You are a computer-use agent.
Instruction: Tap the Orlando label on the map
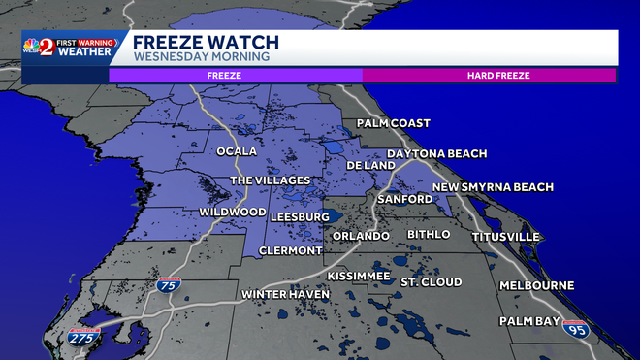pos(361,236)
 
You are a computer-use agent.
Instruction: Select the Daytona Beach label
pos(436,154)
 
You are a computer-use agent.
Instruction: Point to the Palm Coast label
pos(393,123)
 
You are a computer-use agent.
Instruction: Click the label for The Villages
pos(270,180)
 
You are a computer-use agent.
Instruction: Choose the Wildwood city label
pos(233,212)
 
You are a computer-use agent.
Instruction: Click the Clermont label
pos(290,250)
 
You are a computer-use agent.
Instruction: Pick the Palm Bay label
pos(531,320)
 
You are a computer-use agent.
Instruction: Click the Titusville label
pos(504,237)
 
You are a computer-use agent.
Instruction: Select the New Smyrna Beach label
pos(493,187)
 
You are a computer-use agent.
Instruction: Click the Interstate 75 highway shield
pos(168,285)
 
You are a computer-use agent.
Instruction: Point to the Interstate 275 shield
pos(83,337)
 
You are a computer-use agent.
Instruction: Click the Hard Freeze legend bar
pos(489,75)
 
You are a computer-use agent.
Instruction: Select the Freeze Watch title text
pos(206,42)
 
